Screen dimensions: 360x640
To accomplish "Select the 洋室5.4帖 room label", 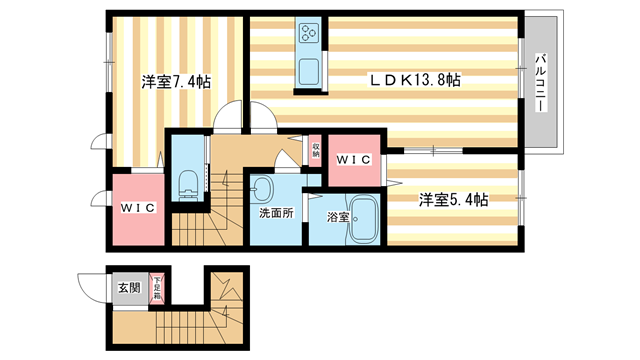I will (453, 200).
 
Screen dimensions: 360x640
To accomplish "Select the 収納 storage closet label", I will (316, 150).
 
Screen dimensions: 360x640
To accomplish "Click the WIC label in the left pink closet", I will (138, 208).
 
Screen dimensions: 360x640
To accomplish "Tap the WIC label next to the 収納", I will (355, 158).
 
